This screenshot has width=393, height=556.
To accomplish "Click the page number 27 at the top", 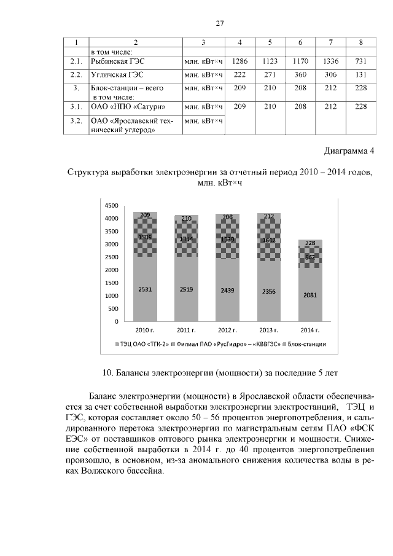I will (219, 24).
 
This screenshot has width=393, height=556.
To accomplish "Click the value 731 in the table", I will (360, 62).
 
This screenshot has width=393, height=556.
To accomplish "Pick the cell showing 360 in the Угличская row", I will (300, 75).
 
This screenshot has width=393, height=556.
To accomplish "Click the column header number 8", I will (360, 42).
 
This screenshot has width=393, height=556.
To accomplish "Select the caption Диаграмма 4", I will (348, 151).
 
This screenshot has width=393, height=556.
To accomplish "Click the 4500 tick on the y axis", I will (111, 205).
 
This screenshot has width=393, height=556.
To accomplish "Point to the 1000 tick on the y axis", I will (111, 296).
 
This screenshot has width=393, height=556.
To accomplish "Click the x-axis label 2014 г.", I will (310, 331).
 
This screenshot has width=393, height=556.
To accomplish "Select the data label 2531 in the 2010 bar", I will (146, 289).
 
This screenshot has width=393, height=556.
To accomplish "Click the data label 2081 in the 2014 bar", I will (310, 295).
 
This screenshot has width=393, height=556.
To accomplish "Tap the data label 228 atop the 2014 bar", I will (310, 243).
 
